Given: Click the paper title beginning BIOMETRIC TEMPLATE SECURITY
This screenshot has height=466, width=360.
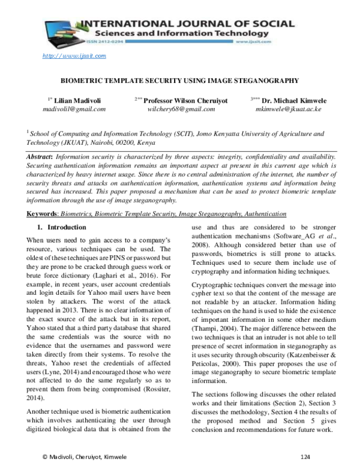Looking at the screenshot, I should point(180,79).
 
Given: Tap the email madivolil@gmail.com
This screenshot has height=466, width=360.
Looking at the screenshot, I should point(74,110).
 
